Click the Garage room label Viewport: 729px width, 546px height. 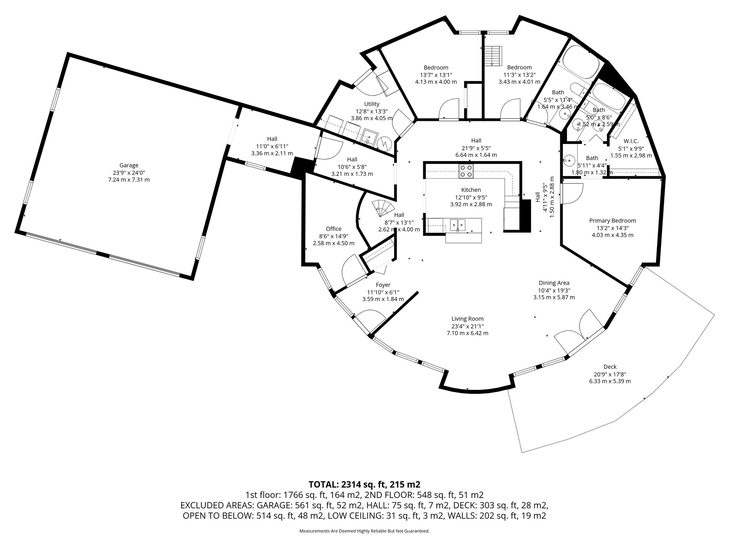point(129,165)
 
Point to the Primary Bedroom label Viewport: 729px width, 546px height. point(612,221)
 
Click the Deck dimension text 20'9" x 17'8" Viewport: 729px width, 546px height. point(610,374)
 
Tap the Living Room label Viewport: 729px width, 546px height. point(467,319)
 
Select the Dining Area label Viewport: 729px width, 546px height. point(554,283)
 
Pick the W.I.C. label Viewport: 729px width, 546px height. point(631,141)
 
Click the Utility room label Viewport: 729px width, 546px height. point(372,104)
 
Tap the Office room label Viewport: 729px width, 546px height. point(334,229)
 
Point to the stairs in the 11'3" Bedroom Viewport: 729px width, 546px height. point(493,56)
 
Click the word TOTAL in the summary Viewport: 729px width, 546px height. point(323,484)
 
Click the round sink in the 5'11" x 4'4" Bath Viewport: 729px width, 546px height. point(569,161)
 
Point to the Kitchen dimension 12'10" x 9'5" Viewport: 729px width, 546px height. point(471,197)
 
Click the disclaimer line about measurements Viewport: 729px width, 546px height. point(364,531)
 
